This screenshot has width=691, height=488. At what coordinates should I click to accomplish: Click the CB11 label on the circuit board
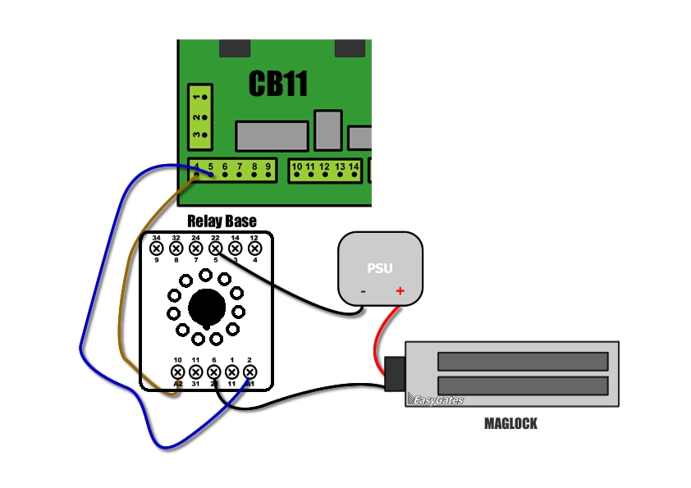[x=277, y=84]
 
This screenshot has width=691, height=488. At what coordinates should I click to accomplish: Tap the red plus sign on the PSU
[x=400, y=290]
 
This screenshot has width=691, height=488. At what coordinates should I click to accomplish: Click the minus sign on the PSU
[x=363, y=291]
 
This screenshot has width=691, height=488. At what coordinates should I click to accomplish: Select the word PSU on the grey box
[x=379, y=268]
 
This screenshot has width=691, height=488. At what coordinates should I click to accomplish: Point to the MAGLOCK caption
[x=510, y=424]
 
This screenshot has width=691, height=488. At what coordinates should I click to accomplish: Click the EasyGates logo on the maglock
[x=436, y=400]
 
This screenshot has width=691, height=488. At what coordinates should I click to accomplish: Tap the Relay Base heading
[x=222, y=221]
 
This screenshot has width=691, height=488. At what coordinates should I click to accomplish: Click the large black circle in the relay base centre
[x=205, y=307]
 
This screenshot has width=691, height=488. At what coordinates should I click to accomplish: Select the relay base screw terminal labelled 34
[x=156, y=248]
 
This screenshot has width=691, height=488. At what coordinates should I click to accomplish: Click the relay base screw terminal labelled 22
[x=215, y=248]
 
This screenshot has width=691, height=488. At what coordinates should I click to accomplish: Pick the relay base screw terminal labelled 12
[x=254, y=248]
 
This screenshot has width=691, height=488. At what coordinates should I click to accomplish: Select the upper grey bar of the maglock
[x=523, y=361]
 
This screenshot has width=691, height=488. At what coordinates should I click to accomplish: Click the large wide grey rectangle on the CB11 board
[x=272, y=136]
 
